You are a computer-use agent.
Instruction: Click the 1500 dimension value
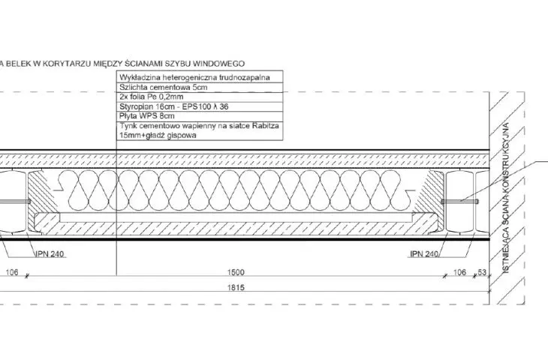click(236, 272)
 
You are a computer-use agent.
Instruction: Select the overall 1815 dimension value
click(236, 288)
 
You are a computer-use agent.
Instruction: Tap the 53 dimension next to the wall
click(482, 272)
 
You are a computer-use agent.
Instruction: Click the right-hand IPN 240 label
click(424, 253)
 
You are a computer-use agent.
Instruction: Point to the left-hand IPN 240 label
click(50, 253)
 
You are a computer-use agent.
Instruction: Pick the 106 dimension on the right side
click(459, 272)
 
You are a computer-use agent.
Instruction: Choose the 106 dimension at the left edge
click(12, 272)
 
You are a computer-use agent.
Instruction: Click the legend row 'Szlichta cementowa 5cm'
click(164, 87)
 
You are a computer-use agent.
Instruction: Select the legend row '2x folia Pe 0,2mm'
click(152, 97)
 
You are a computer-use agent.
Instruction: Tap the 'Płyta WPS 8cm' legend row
click(147, 116)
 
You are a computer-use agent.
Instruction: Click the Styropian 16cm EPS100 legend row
click(174, 106)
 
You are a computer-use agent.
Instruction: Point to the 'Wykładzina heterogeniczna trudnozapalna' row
click(194, 77)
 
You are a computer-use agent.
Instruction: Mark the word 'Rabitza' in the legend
click(265, 126)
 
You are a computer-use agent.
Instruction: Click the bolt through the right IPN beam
click(459, 202)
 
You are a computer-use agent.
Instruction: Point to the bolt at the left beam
click(15, 202)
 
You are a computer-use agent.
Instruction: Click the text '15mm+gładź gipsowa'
click(158, 135)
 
